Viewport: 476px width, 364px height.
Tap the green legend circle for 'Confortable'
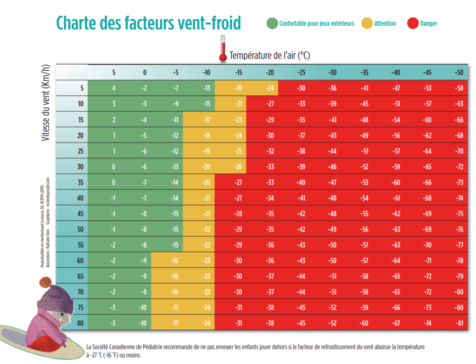[272, 23]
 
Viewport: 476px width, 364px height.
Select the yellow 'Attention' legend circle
[367, 23]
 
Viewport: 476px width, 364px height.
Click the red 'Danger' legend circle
[413, 23]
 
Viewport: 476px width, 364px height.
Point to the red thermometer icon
[223, 51]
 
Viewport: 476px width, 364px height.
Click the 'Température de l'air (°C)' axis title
[270, 56]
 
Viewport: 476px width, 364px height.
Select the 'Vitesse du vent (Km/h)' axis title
[45, 102]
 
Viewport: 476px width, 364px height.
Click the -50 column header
[459, 72]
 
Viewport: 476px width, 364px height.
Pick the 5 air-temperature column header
[114, 72]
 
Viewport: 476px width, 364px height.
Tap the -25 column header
[301, 72]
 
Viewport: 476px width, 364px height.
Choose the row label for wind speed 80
[80, 323]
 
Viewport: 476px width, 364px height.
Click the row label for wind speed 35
[80, 182]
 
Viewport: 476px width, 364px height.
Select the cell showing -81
[459, 323]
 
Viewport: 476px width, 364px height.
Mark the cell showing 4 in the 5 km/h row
[114, 88]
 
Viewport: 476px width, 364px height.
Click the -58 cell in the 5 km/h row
[459, 88]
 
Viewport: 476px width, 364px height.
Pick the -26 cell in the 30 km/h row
[239, 166]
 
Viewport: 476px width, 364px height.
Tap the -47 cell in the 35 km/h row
[332, 182]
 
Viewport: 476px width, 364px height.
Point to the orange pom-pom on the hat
[45, 281]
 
